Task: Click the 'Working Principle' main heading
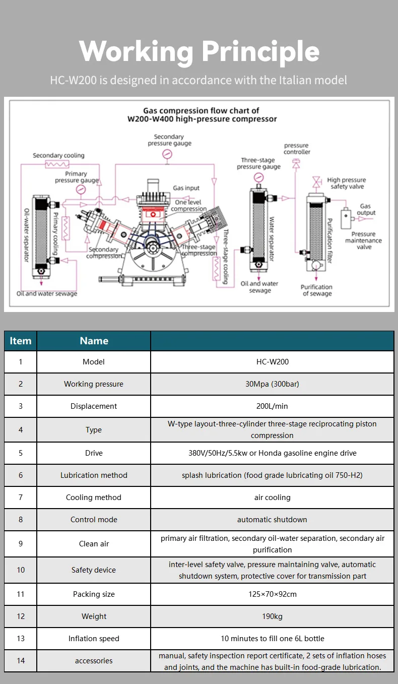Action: [199, 51]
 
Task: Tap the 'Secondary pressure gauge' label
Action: [169, 140]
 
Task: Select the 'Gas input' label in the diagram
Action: [186, 188]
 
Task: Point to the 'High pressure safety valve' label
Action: [347, 183]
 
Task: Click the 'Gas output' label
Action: [366, 209]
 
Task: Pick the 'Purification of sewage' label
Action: [316, 290]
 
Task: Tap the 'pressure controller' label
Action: [297, 149]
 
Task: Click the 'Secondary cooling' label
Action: [58, 155]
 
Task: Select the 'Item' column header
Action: [21, 341]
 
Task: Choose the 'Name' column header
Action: [94, 341]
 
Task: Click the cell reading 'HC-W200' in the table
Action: [272, 362]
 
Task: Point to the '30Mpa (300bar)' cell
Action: [272, 384]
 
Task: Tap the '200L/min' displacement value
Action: [272, 406]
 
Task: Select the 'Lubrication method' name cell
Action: [94, 475]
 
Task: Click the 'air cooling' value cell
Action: [272, 498]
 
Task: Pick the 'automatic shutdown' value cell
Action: [272, 520]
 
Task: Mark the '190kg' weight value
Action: [272, 616]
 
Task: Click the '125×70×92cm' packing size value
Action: [272, 594]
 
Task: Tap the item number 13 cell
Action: [21, 639]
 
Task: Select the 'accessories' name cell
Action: [94, 661]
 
